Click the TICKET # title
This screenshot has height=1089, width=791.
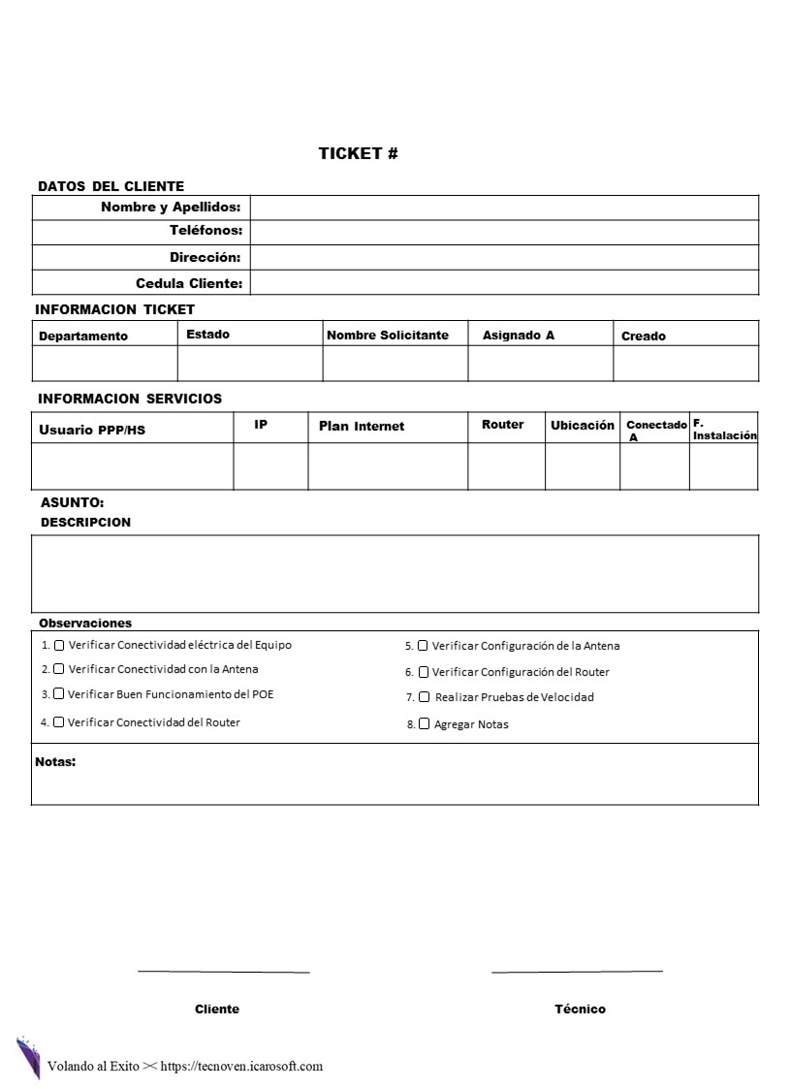point(358,153)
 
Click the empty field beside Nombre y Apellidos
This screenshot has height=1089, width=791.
point(504,208)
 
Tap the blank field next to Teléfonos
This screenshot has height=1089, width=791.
point(504,232)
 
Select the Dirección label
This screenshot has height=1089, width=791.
point(205,257)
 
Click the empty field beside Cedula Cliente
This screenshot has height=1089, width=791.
point(504,282)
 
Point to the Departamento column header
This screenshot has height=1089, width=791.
point(83,336)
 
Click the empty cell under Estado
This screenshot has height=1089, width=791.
point(250,363)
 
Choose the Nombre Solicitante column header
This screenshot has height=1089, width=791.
point(388,336)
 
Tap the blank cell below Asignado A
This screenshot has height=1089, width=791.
point(540,363)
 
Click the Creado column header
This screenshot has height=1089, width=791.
point(644,336)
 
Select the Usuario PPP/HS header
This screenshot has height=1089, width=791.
point(92,430)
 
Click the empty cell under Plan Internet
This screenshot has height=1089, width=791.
point(388,465)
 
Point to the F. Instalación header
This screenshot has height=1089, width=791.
point(724,430)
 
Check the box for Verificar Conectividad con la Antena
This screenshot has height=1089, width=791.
point(59,669)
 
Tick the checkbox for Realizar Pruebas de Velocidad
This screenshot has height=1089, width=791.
point(425,696)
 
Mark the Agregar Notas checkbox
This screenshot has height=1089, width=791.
point(425,723)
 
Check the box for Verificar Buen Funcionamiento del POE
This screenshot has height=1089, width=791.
point(59,693)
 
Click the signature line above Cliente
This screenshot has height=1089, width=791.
point(223,971)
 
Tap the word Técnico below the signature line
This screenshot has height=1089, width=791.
point(580,1009)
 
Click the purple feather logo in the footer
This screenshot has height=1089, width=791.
point(28,1057)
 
